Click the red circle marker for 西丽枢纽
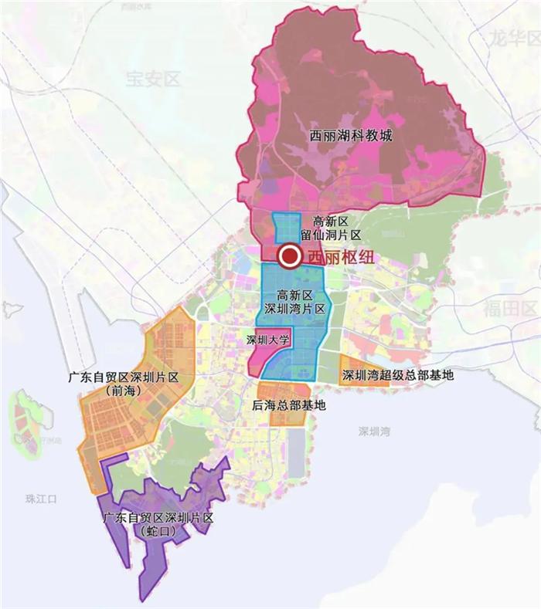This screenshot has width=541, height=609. tap(290, 256)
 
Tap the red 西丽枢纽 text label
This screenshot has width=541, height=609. tap(341, 258)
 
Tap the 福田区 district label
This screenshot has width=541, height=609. tap(510, 309)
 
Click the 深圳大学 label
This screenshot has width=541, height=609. tap(267, 340)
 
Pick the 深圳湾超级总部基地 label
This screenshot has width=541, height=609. tap(397, 376)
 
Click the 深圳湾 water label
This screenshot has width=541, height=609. tap(374, 431)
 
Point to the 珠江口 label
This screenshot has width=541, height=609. tap(41, 499)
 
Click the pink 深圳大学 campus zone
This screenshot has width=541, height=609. tap(263, 355)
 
